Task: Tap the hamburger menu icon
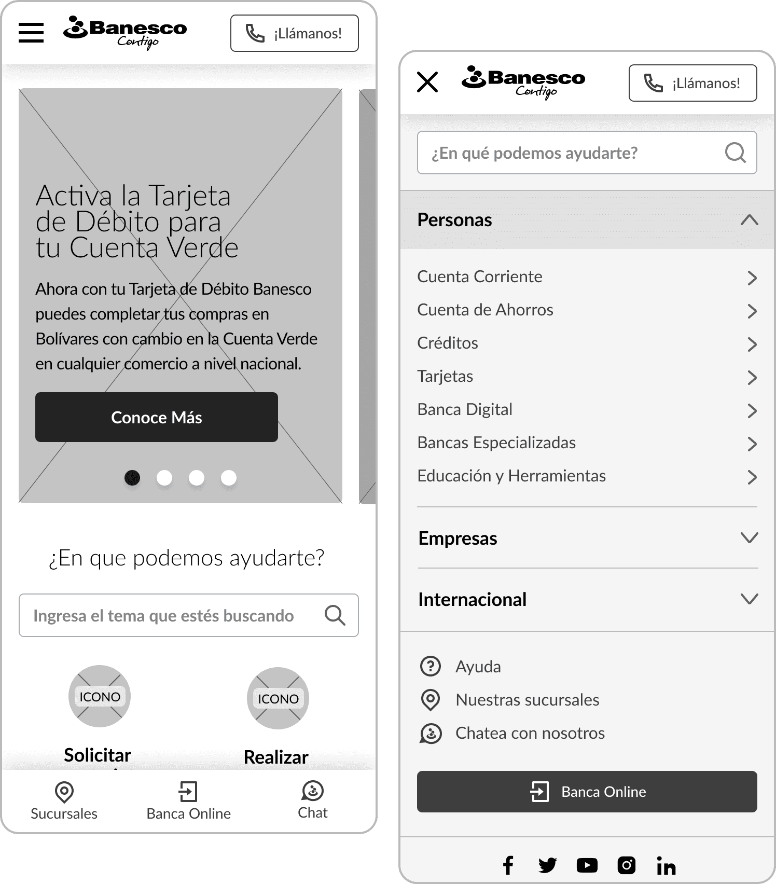point(31,33)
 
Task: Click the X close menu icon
point(427,82)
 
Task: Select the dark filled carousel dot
point(132,477)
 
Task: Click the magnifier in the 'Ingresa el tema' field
point(335,615)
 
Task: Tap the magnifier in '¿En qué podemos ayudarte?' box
point(736,153)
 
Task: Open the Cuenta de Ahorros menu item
point(485,310)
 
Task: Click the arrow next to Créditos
point(752,344)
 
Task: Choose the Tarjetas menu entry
point(445,376)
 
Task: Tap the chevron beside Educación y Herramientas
point(752,477)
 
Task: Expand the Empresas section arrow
point(750,537)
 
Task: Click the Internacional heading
point(472,599)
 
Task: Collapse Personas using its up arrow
point(750,220)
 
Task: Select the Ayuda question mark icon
point(430,666)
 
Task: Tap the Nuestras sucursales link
point(527,700)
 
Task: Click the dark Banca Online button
point(587,792)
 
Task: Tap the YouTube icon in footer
point(587,865)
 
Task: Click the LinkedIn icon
point(666,865)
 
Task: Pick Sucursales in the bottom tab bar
point(64,801)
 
